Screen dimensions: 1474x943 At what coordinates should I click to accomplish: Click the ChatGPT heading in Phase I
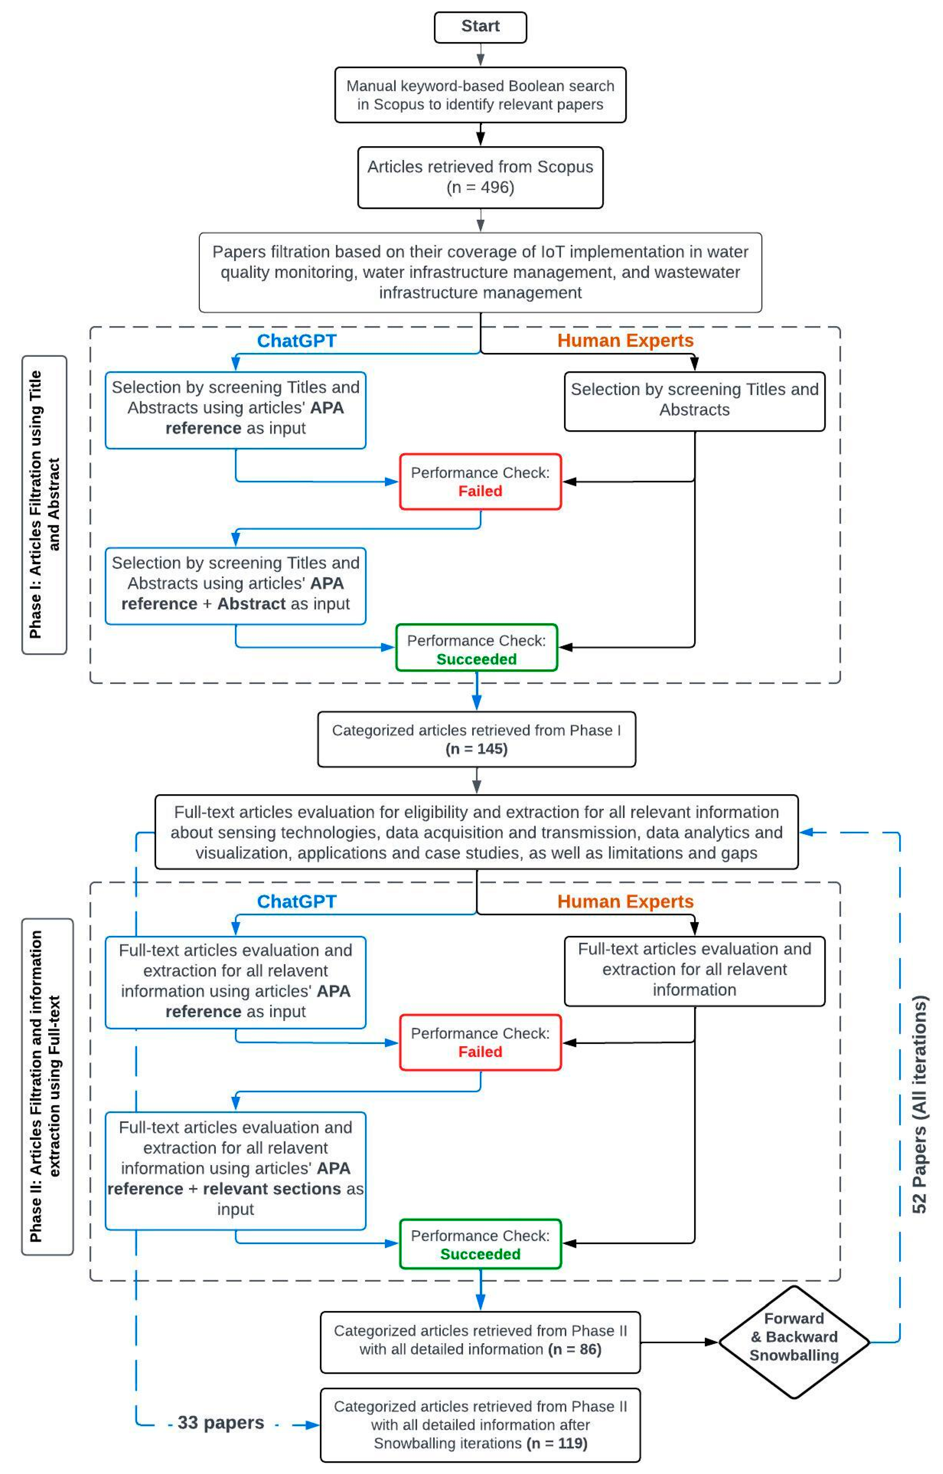(x=296, y=340)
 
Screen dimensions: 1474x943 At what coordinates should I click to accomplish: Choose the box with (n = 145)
(x=476, y=739)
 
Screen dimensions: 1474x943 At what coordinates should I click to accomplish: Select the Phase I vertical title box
(x=44, y=505)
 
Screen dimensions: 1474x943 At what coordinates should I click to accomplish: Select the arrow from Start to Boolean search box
(x=481, y=55)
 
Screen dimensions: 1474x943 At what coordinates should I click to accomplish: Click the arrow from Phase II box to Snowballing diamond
(x=678, y=1342)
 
